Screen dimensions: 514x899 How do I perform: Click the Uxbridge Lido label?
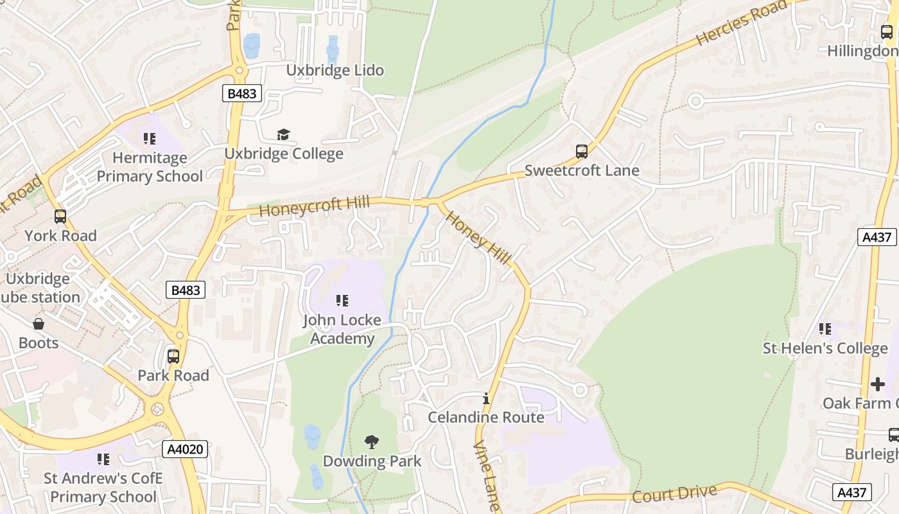pyautogui.click(x=335, y=70)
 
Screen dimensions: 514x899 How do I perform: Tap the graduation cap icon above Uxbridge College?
pyautogui.click(x=283, y=134)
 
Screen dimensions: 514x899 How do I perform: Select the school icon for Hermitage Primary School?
pyautogui.click(x=150, y=138)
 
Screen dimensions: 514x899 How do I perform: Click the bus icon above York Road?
pyautogui.click(x=60, y=217)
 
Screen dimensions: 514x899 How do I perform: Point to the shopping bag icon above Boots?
pyautogui.click(x=39, y=324)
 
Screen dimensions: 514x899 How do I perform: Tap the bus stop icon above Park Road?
pyautogui.click(x=173, y=357)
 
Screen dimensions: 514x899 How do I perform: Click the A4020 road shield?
pyautogui.click(x=186, y=448)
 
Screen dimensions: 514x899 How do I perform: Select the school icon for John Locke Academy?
pyautogui.click(x=342, y=300)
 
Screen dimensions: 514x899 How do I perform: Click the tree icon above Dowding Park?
pyautogui.click(x=371, y=441)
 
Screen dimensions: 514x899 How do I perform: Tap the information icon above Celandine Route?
pyautogui.click(x=486, y=398)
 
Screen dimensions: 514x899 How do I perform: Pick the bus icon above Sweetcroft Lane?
pyautogui.click(x=582, y=152)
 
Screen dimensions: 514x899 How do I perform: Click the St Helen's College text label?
pyautogui.click(x=825, y=348)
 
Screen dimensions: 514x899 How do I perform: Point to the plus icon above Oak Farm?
pyautogui.click(x=877, y=384)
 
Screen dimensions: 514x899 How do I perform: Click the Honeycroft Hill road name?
pyautogui.click(x=314, y=206)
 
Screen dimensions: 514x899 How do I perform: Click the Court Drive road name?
pyautogui.click(x=674, y=494)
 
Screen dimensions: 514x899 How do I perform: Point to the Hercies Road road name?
pyautogui.click(x=741, y=23)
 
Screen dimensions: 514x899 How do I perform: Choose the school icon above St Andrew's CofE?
pyautogui.click(x=103, y=459)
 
